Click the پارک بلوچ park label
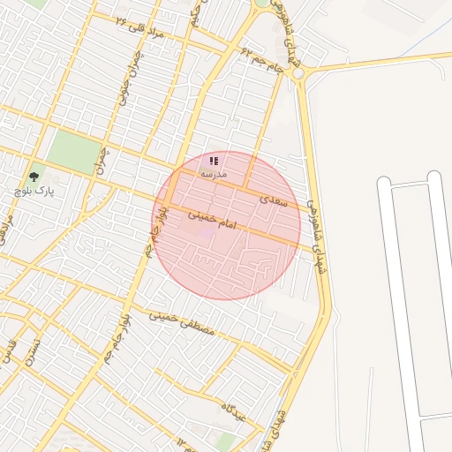coord(34,190)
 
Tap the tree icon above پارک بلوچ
coord(34,177)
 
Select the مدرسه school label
coord(214,175)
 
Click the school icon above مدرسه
coord(214,162)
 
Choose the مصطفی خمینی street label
coord(181,322)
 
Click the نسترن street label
coord(34,350)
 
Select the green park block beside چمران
coord(74,152)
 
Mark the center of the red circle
coord(227,226)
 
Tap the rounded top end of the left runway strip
coord(384,183)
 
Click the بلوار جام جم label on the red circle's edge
coord(155,232)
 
